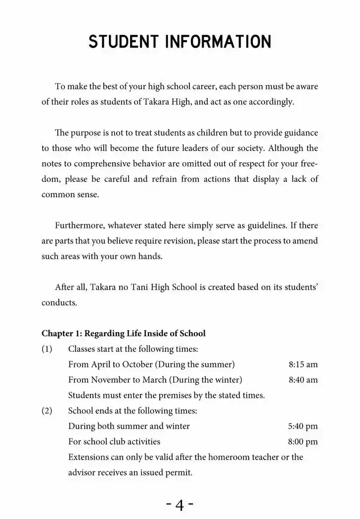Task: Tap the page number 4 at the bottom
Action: point(180,505)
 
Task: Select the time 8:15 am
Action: point(303,364)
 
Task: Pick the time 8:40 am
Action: point(303,380)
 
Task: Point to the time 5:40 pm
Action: point(303,426)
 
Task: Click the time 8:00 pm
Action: point(303,441)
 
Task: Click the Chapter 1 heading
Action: point(123,333)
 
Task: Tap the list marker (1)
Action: point(47,349)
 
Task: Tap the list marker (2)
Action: point(47,411)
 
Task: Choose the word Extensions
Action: point(88,457)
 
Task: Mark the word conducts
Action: point(59,303)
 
